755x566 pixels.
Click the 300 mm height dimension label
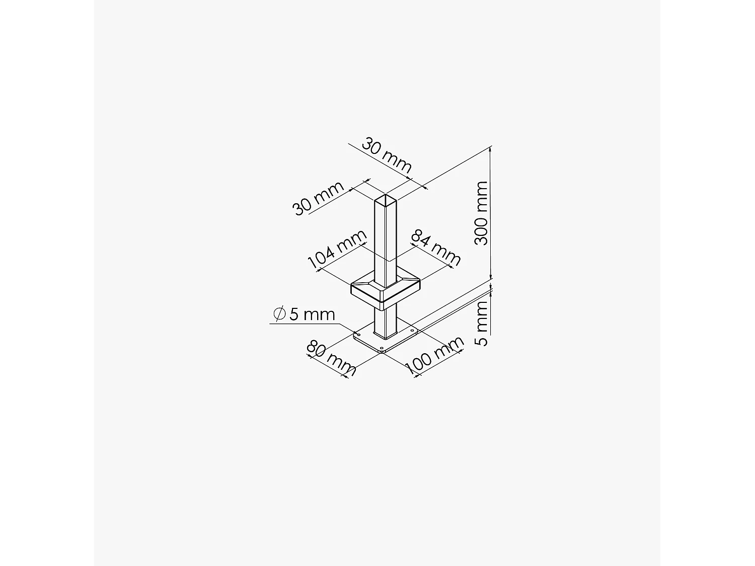pos(482,213)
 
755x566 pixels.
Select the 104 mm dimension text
pos(337,250)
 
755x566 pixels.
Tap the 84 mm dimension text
pos(436,248)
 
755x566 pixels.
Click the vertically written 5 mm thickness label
pos(482,324)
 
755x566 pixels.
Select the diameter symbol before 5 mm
pos(279,314)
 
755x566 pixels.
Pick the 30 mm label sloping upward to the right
pos(318,198)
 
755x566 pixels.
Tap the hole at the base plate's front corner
pos(382,349)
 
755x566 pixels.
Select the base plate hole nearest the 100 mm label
pos(412,331)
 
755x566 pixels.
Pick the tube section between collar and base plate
pos(386,322)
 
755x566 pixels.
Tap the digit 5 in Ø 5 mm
pos(294,314)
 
